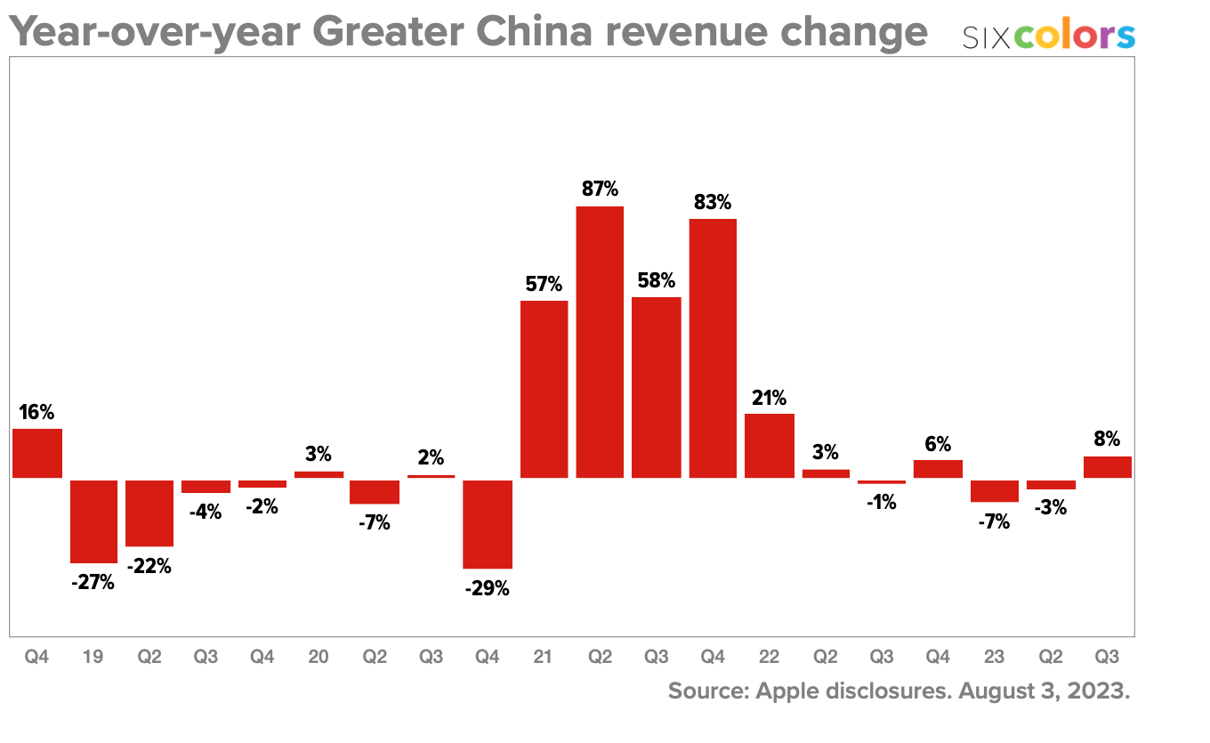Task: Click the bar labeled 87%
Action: (600, 342)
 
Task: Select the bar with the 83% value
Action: (713, 348)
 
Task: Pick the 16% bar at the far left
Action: (37, 453)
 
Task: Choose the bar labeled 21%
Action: (769, 445)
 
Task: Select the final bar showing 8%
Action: (1107, 467)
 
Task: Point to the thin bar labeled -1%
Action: (882, 481)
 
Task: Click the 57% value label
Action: (544, 285)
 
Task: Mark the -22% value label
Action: (149, 566)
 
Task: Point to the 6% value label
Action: (938, 444)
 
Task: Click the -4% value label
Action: (206, 512)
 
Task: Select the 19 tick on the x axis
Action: (93, 658)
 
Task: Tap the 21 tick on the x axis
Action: (544, 658)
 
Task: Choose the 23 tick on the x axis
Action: (994, 658)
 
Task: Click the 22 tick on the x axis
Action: (769, 658)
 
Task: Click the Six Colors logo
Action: (1049, 36)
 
